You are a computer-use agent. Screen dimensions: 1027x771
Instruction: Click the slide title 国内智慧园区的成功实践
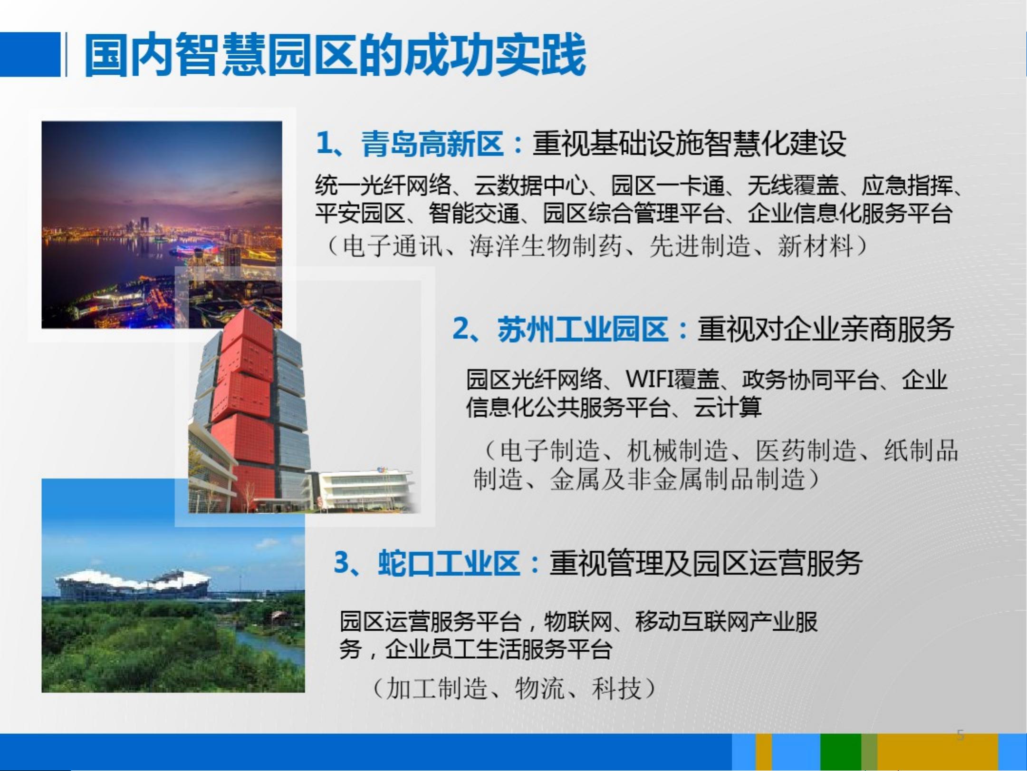[x=335, y=55]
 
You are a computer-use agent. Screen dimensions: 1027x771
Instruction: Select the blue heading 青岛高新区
[x=432, y=143]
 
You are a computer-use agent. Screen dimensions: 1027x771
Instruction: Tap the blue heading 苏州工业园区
[x=583, y=329]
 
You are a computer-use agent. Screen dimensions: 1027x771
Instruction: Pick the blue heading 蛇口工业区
[x=449, y=563]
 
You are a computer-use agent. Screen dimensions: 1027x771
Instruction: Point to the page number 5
[x=960, y=735]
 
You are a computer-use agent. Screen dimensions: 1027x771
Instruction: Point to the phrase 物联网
[x=577, y=621]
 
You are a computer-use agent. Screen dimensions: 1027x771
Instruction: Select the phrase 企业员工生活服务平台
[x=499, y=649]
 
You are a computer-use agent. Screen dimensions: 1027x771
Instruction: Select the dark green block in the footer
[x=841, y=751]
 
